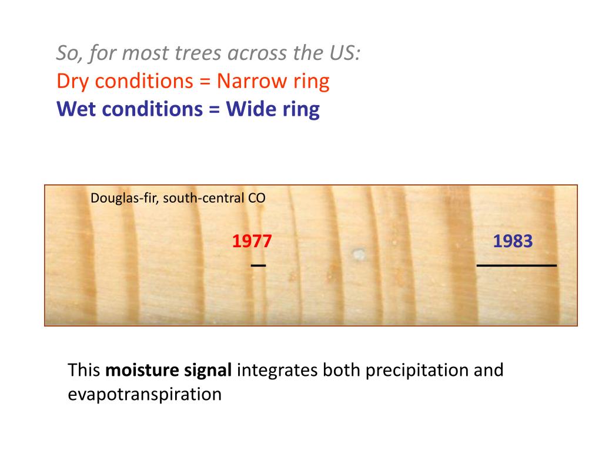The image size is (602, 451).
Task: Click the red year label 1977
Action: tap(252, 241)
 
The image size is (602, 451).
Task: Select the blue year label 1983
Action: tap(513, 241)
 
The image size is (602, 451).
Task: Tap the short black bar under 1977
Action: tap(258, 266)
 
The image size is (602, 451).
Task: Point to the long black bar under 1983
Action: tap(516, 266)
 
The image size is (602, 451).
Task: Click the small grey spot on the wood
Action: tap(357, 254)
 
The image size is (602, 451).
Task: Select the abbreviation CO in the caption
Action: tap(256, 198)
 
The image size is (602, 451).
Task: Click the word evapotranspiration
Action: tap(145, 394)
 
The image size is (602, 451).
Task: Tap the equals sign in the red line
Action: tap(204, 81)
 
